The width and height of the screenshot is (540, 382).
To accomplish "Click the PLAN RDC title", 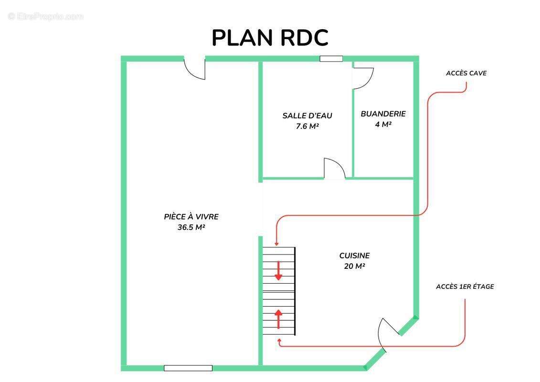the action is point(270,38).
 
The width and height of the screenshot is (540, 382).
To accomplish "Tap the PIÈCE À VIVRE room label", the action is point(191,217).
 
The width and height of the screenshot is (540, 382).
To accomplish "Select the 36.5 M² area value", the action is point(191,227).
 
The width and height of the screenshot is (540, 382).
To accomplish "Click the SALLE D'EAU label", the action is point(307,116).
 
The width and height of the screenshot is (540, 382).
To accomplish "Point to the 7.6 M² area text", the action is point(307,127).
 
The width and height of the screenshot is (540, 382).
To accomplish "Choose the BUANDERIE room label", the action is point(383,114).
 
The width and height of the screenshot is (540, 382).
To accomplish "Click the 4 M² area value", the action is point(383,124).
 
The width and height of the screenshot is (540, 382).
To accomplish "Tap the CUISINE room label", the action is point(354,255).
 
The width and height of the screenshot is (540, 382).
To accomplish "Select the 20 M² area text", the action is point(354,266).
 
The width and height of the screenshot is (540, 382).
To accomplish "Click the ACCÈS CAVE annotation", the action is point(466,73).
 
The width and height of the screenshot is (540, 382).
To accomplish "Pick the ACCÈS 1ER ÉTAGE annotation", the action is point(465,286).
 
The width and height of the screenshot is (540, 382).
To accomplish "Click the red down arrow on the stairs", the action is point(278,271).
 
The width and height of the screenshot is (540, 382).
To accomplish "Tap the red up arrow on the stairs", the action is point(278,318).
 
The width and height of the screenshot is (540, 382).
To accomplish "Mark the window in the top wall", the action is point(331,59).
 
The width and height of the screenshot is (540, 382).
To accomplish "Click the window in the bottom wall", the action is point(188,368).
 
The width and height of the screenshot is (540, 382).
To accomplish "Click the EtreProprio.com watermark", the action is point(45,16).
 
